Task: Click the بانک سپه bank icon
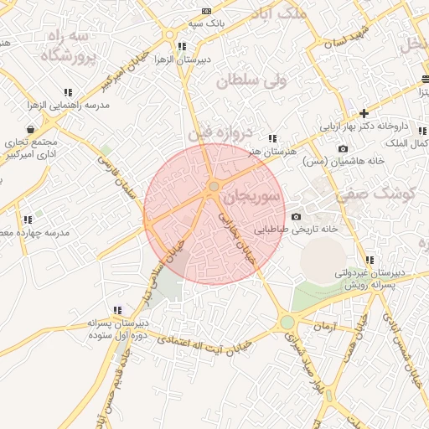207,11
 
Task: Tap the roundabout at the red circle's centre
214,186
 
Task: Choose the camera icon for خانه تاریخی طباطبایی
296,217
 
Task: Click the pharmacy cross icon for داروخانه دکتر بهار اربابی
364,113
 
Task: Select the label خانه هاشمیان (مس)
344,161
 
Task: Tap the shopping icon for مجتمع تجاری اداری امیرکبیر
31,129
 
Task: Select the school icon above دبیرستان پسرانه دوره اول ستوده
117,310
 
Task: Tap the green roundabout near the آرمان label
287,322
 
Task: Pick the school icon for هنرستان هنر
271,138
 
